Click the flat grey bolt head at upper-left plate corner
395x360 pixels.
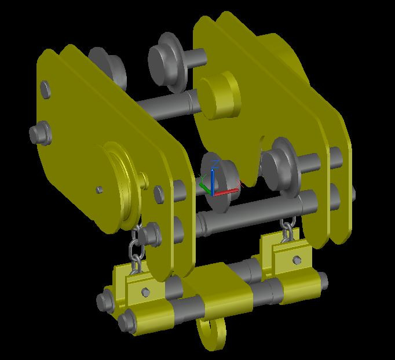[45, 89]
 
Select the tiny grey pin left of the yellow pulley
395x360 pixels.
[100, 189]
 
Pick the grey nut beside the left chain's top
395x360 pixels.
[152, 234]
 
